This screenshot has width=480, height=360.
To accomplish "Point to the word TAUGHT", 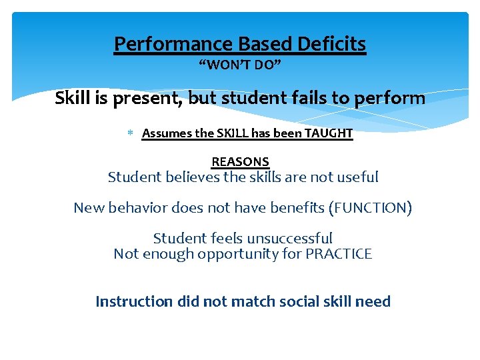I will click(x=329, y=133).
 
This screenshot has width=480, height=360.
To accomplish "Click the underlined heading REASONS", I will click(x=240, y=162).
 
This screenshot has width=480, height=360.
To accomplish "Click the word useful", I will click(x=358, y=177).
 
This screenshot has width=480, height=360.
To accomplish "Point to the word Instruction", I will click(x=134, y=301).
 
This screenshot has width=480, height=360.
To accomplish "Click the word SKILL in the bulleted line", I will click(x=234, y=133).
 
